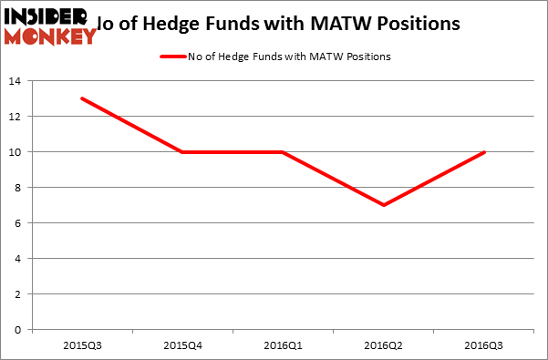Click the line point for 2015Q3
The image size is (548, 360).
tap(83, 98)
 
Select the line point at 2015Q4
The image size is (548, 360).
tap(182, 151)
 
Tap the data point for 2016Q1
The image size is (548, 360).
tap(283, 151)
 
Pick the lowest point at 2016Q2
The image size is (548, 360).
tap(383, 205)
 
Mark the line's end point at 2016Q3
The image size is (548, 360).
tap(483, 151)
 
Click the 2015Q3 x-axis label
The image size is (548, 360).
tap(83, 345)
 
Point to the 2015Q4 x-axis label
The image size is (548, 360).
tap(182, 345)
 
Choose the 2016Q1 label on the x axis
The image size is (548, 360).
tap(283, 345)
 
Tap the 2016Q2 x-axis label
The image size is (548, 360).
tap(383, 345)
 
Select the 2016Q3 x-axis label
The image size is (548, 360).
tap(483, 345)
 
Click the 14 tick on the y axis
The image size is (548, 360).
tap(15, 81)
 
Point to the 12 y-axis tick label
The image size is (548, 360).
tap(15, 117)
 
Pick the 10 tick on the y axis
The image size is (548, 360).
tap(15, 152)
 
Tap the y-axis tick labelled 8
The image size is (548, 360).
tap(18, 188)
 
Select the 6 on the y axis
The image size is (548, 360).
tap(18, 223)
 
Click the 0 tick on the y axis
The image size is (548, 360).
tap(18, 330)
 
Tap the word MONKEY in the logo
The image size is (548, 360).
tap(49, 36)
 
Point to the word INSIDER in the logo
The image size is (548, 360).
tap(46, 16)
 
